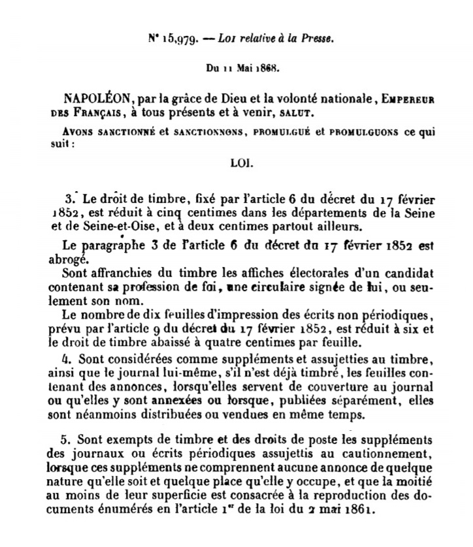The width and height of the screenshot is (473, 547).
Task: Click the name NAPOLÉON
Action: click(x=95, y=98)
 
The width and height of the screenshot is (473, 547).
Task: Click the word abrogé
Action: click(x=80, y=257)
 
